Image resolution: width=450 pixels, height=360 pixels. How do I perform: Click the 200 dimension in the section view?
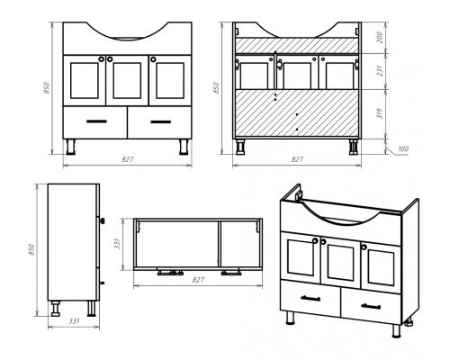pos(380,38)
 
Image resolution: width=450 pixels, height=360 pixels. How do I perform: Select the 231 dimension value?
pos(380,71)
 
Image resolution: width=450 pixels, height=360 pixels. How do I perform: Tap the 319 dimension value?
pos(380,113)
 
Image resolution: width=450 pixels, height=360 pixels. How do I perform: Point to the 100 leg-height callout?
pos(403,148)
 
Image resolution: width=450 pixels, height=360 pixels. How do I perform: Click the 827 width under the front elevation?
pos(128,159)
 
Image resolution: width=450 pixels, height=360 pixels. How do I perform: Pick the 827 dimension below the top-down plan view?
pos(198,280)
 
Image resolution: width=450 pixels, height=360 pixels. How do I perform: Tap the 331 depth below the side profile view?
pos(74,321)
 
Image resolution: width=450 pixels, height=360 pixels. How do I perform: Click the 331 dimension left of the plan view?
pos(117,244)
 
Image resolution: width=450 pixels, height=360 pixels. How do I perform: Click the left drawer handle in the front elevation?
pos(96,121)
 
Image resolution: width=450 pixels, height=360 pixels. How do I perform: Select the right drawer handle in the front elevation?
pos(161,121)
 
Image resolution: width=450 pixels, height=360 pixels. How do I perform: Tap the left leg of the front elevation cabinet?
pos(71,147)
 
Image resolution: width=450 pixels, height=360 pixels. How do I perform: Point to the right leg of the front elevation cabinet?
pos(184,147)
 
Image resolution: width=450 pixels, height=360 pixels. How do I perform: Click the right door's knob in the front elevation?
pos(153,59)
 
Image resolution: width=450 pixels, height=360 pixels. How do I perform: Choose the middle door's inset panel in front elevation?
pos(127,80)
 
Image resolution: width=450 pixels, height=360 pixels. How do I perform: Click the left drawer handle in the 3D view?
pos(310,298)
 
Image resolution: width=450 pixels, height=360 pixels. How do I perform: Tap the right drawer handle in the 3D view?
pos(371,306)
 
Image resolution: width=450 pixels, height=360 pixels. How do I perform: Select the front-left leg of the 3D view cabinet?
pos(290,318)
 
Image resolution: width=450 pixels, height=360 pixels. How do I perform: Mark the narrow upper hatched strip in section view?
pos(297,45)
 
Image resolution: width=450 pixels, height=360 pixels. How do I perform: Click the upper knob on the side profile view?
pos(103,221)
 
